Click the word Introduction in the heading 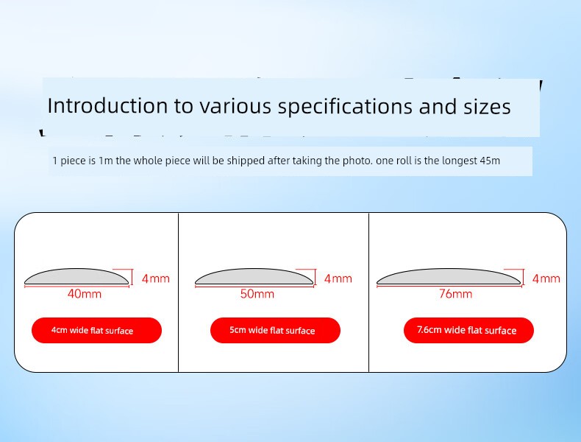coord(107,105)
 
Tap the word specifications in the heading coord(345,107)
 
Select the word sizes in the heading coord(488,106)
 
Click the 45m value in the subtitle coord(490,161)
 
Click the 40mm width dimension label coord(85,294)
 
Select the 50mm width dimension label coord(257,294)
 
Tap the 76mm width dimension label coord(456,294)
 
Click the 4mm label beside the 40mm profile coord(156,278)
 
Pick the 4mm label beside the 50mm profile coord(338,278)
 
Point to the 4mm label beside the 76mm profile coord(546,278)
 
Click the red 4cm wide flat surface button coord(96,330)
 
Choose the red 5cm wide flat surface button coord(275,330)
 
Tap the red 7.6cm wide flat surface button coord(468,330)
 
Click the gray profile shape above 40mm coord(76,277)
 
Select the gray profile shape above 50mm coord(254,277)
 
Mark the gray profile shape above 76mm coord(449,277)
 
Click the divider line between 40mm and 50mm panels coord(178,292)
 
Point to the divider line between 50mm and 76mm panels coord(368,292)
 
